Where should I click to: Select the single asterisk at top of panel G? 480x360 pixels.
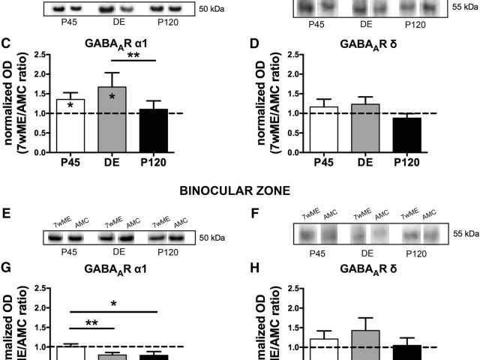pyautogui.click(x=113, y=303)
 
